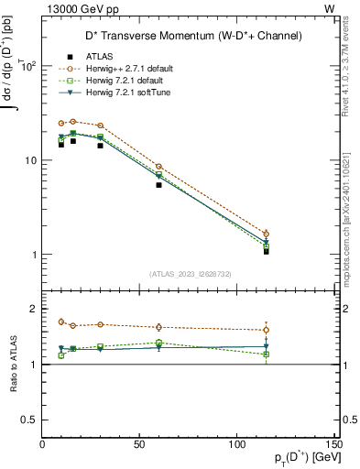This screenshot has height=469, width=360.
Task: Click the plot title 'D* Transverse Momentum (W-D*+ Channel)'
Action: [x=190, y=37]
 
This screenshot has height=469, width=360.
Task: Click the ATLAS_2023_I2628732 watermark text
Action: [x=190, y=273]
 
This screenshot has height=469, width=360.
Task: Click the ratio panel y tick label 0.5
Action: [x=30, y=420]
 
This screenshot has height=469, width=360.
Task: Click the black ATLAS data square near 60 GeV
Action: [x=158, y=185]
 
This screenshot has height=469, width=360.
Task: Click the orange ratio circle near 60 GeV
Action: [x=158, y=327]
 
